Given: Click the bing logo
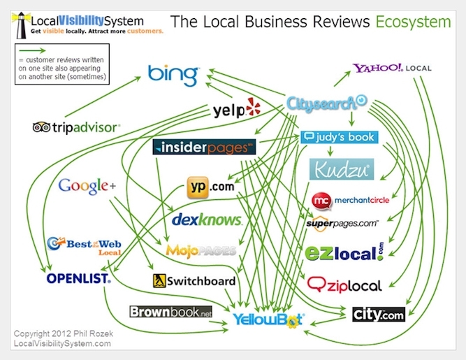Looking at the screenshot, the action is pos(173,75).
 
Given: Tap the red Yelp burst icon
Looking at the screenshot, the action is pos(253,107).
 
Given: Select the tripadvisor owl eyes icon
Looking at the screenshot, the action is pos(41,127).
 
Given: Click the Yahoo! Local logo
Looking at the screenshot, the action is pos(392,68).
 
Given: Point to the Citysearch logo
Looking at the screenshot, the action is pos(326,103).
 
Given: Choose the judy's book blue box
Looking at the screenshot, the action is pos(339,137).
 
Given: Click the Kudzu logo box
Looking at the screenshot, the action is pos(342,169).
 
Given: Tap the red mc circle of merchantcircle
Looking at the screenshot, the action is pos(321,201).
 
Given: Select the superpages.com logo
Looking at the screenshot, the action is pos(342,224).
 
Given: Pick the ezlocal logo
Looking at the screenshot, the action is pos(344,252).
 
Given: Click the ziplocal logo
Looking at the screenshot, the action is pos(344,285).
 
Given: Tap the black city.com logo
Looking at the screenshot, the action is pos(379,315).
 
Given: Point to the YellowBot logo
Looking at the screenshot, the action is pos(268,320).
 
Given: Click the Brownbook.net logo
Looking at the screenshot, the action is pos(171,312).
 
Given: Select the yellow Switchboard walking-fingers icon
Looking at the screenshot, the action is pos(159,281).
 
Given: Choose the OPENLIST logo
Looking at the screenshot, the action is pos(79,278).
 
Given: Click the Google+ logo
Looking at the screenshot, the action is pos(87,187).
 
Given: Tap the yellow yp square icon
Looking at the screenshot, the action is pos(198,187).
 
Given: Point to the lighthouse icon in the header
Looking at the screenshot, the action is pos(21,25).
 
